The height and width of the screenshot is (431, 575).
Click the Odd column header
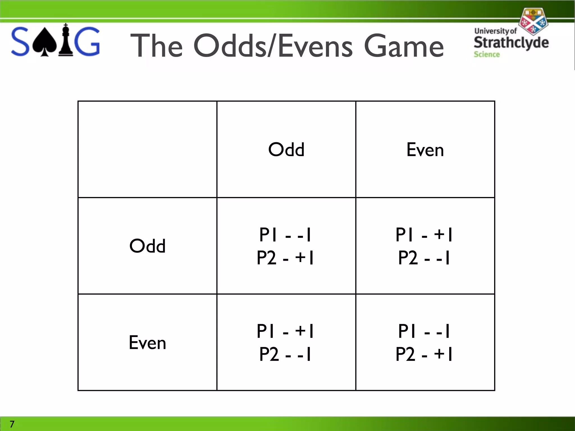coord(286,149)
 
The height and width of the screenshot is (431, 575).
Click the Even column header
coord(425,150)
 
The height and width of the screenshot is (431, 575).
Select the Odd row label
coord(147,246)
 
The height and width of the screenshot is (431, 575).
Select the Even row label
coord(147,343)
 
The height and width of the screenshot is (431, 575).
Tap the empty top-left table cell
coord(147,149)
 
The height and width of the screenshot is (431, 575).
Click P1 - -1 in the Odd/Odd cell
coord(285,235)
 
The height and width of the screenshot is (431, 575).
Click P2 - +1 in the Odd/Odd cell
coord(285,258)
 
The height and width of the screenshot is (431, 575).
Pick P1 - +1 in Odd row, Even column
coord(424,235)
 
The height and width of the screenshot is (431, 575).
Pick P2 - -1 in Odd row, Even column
coord(424,258)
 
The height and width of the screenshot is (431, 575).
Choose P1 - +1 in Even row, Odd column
coord(285,331)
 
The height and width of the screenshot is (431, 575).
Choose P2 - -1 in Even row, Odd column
coord(285,354)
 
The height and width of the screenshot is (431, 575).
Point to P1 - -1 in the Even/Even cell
coord(424,331)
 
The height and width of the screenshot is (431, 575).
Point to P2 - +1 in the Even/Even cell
coord(424,354)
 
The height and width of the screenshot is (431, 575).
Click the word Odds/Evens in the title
coord(273,46)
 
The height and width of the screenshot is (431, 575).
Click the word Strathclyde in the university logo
coord(511,43)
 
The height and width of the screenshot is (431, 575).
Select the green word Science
coord(487,54)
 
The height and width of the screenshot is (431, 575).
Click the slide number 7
coord(12,424)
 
